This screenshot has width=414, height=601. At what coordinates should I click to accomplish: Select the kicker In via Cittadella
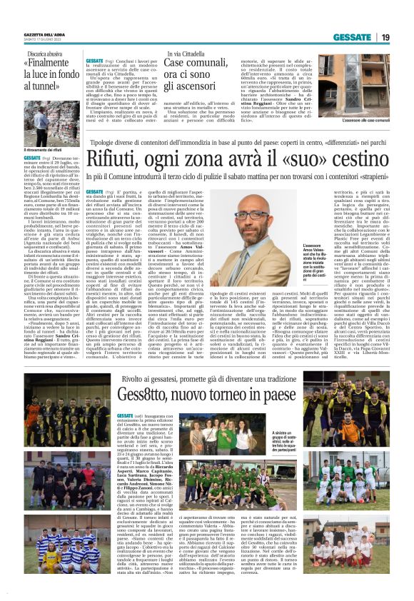tap(188, 54)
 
